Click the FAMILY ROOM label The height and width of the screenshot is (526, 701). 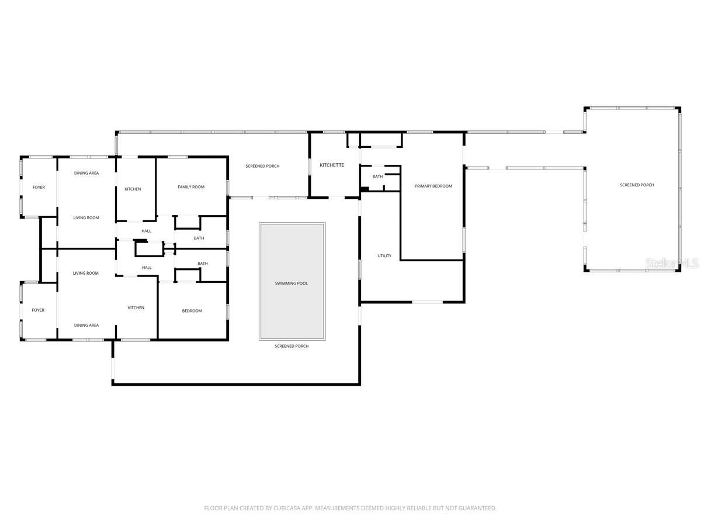tap(191, 187)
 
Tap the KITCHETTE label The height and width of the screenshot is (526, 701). tap(332, 165)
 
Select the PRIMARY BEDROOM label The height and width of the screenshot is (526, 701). tap(433, 186)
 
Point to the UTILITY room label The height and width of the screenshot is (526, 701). tap(384, 256)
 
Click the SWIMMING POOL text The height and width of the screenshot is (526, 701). tap(291, 283)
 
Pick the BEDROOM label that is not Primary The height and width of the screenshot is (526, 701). tap(192, 311)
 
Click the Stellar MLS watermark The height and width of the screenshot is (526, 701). tap(672, 264)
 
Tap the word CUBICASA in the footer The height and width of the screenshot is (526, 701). tap(286, 508)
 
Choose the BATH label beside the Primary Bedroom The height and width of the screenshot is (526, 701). tap(378, 177)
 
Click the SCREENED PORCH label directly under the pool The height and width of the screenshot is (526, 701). tap(291, 347)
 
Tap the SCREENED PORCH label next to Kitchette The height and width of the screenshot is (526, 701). tap(262, 167)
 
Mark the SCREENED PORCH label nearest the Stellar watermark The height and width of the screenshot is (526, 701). tap(637, 185)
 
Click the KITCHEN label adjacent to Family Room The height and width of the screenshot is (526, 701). tap(133, 189)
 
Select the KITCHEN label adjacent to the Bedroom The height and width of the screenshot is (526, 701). tap(136, 308)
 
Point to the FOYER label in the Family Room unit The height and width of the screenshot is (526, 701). tap(39, 188)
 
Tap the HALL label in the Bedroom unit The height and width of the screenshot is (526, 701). tap(147, 268)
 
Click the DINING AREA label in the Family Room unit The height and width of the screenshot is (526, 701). tap(86, 174)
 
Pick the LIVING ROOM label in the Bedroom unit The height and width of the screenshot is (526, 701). tap(86, 274)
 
